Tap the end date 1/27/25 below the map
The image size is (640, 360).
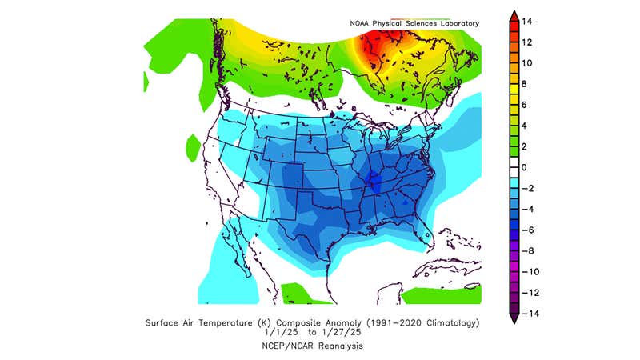point(336,334)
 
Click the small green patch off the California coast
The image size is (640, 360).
point(192,147)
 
